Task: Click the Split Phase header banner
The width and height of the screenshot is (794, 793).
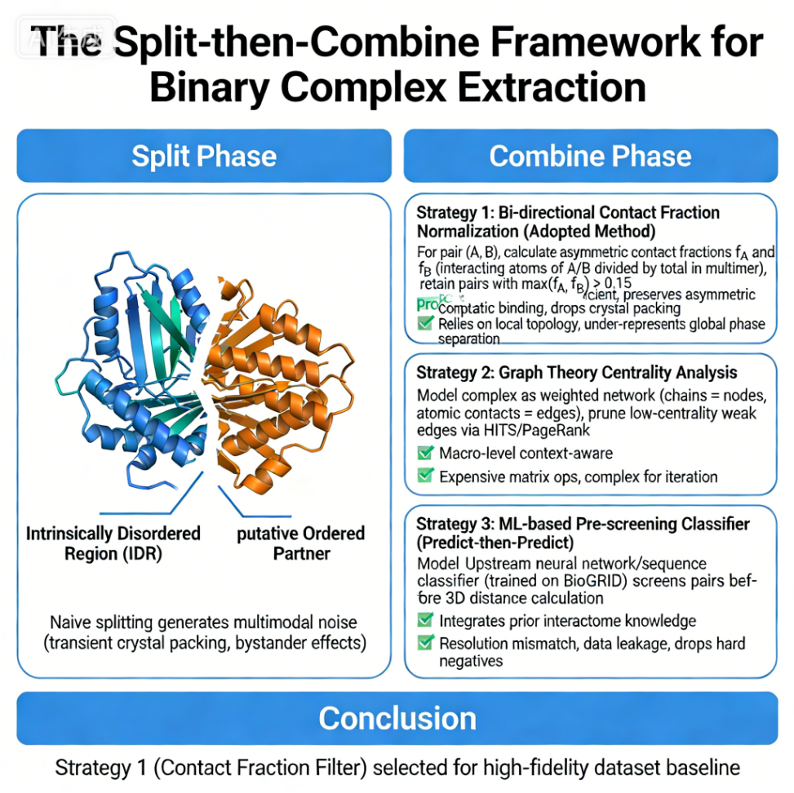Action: point(204,156)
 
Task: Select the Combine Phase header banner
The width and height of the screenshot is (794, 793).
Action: point(590,156)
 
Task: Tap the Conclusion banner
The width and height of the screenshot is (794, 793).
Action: point(397,718)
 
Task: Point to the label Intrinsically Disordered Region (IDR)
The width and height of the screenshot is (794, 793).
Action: point(113,543)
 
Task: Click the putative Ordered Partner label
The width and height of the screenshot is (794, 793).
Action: point(300,543)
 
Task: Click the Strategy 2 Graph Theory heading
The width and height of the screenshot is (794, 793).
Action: point(577,373)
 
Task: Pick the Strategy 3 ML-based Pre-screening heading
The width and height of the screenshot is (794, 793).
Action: point(583,533)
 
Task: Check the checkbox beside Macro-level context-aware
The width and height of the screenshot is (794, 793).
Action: point(424,454)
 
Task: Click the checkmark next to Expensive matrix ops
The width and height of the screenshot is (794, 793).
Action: point(424,476)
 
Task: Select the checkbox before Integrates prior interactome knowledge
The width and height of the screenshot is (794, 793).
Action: point(424,622)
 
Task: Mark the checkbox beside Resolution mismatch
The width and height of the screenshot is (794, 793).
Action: point(424,644)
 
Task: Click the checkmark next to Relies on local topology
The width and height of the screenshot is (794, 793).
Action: point(424,324)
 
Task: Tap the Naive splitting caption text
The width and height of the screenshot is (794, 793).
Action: point(204,631)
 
